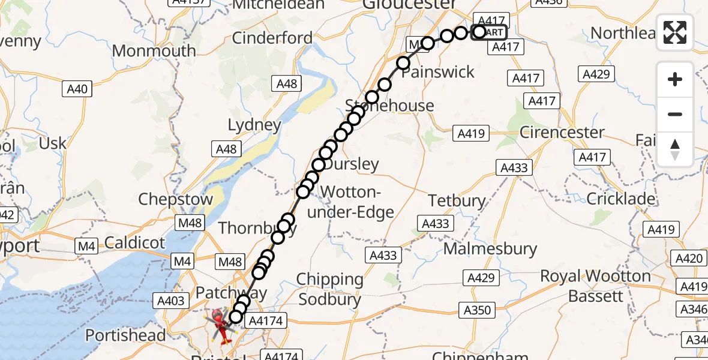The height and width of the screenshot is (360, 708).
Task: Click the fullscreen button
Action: click(675, 32)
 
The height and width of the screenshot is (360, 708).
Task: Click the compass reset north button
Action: click(675, 149)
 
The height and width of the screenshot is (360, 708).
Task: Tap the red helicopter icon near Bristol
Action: click(221, 324)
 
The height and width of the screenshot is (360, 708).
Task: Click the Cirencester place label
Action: click(562, 132)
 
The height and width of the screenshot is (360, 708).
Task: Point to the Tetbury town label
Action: click(457, 200)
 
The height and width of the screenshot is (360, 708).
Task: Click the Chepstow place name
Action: click(176, 199)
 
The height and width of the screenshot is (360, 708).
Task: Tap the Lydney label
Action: click(254, 125)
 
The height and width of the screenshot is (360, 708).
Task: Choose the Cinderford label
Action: click(272, 38)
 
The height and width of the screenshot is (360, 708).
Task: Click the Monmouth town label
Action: click(154, 50)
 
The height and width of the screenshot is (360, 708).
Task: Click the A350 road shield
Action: click(478, 310)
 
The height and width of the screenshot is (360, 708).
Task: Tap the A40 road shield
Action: click(77, 89)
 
